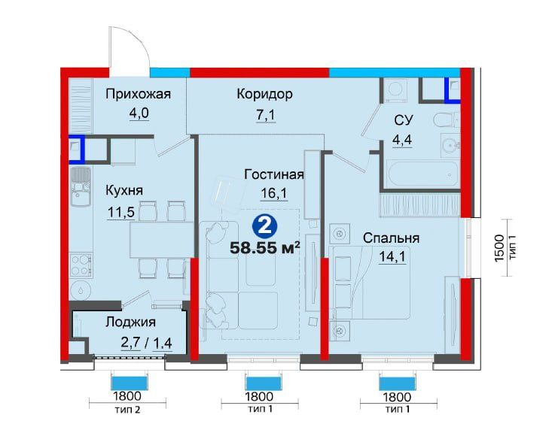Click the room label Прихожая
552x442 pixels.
click(x=139, y=95)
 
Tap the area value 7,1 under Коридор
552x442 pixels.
click(x=265, y=115)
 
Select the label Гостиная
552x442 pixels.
click(x=274, y=174)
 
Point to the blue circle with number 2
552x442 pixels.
click(x=265, y=226)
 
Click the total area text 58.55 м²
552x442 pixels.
click(x=265, y=248)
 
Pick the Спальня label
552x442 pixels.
click(x=391, y=238)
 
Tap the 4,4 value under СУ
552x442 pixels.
click(x=402, y=140)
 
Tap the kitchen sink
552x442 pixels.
click(x=81, y=186)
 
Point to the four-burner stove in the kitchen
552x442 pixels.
click(x=81, y=265)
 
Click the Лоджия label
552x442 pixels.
click(x=130, y=322)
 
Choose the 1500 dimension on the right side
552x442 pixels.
click(x=499, y=248)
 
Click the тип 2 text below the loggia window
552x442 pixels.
click(x=127, y=410)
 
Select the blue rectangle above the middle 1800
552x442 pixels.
click(x=264, y=383)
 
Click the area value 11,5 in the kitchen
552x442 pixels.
click(x=121, y=212)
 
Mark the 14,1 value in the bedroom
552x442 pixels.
click(x=392, y=257)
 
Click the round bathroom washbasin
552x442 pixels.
click(x=449, y=145)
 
